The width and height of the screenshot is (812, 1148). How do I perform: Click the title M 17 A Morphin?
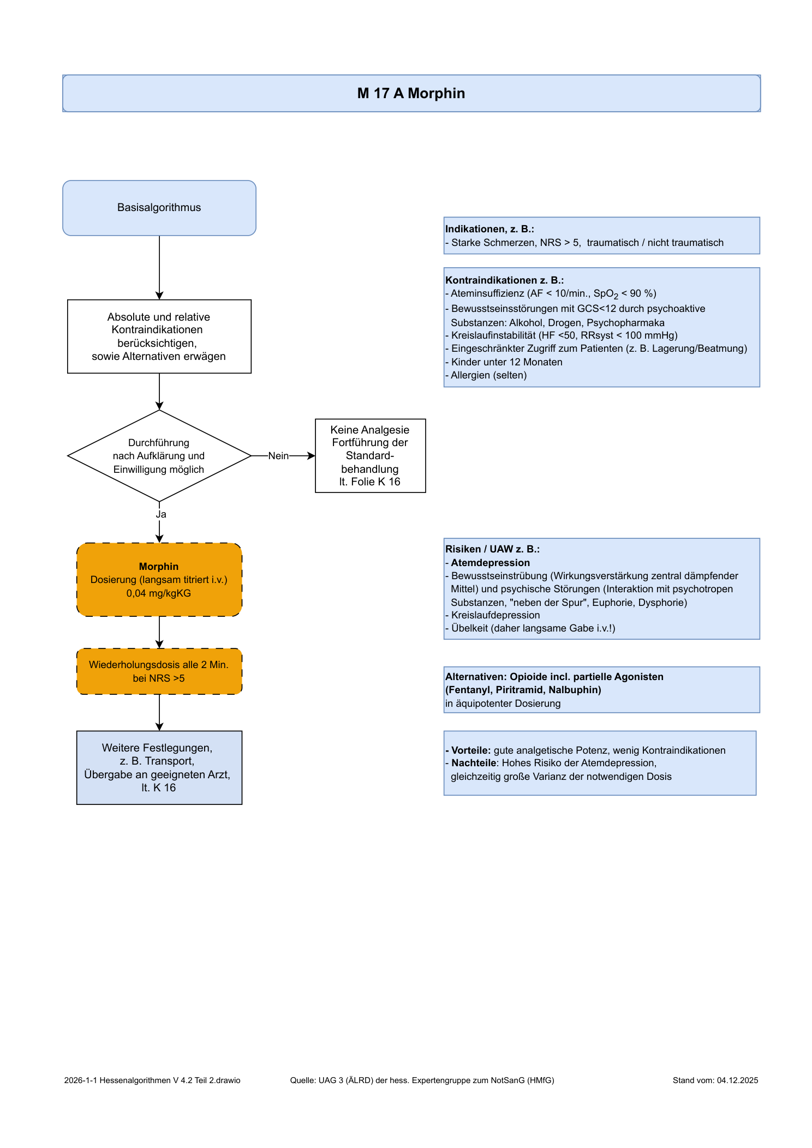coord(411,93)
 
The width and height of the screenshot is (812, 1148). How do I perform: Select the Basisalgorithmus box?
coord(159,208)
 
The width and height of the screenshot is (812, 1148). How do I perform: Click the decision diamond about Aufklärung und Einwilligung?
coord(159,455)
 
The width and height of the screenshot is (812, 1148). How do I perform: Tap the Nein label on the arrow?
coord(278,456)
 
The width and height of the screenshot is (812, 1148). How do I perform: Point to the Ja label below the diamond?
coord(161,514)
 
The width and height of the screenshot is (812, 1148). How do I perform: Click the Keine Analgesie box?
coord(371,456)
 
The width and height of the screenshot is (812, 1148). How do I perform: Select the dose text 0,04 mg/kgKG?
coord(159,593)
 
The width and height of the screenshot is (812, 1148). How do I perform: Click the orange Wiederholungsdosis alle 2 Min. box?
coord(159,671)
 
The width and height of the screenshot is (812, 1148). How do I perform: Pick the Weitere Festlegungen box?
coord(159,767)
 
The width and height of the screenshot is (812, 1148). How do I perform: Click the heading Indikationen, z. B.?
coord(489,229)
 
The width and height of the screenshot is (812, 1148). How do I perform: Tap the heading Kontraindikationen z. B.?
coord(505,280)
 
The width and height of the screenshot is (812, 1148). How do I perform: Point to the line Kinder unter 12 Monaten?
coord(504,362)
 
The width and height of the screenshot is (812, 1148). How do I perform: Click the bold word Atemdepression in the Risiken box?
coord(490,563)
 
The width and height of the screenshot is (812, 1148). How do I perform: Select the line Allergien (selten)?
coord(486,375)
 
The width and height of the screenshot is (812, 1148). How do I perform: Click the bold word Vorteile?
coord(471,750)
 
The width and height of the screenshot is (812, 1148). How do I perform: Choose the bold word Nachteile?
coord(474,763)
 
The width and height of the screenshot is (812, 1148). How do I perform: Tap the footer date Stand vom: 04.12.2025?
coord(715,1080)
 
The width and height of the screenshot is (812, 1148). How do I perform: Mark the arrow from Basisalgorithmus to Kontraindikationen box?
coord(159,268)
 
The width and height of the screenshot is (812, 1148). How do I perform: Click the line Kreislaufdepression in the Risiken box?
coord(493,615)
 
